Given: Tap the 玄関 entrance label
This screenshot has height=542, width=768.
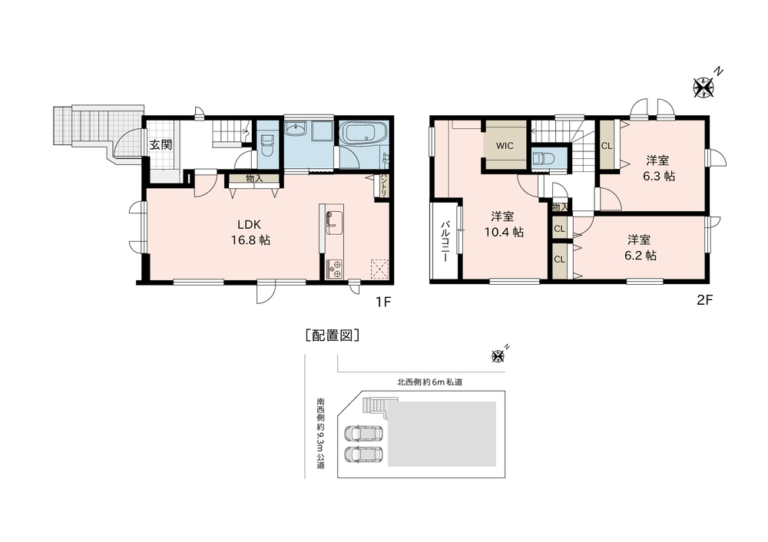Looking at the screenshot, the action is click(x=161, y=145).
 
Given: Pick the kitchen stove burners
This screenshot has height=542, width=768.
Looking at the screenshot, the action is click(x=335, y=269).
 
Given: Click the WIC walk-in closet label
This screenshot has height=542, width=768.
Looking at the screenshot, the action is click(x=505, y=146).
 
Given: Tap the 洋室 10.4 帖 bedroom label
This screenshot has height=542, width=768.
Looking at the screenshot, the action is click(x=504, y=223).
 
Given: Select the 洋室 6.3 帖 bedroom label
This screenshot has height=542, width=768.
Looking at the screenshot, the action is click(x=658, y=168).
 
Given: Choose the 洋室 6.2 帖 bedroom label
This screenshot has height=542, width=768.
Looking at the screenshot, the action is click(x=641, y=248).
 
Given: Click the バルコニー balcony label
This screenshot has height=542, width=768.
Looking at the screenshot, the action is click(x=445, y=241).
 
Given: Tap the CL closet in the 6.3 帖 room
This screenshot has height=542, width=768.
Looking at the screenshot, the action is click(x=607, y=146).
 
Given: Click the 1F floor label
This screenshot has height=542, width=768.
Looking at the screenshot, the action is click(x=383, y=301).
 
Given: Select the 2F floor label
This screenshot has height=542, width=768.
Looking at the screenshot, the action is click(x=704, y=300).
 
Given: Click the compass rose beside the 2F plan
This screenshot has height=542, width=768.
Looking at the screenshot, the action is click(x=703, y=88).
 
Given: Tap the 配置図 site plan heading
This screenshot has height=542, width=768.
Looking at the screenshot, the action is click(x=333, y=335).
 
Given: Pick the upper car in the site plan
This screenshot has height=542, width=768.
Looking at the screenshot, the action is click(x=365, y=433).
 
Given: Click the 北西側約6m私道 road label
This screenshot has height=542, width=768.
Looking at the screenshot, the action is click(x=429, y=382).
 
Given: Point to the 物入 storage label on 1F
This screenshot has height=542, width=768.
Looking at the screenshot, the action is click(x=254, y=179).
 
